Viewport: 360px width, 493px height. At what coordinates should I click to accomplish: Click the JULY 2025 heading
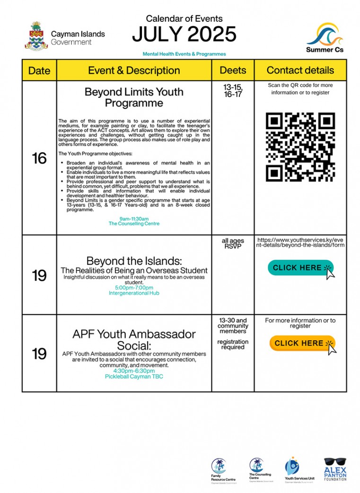pyautogui.click(x=184, y=35)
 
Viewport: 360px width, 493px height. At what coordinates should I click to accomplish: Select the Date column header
pyautogui.click(x=39, y=70)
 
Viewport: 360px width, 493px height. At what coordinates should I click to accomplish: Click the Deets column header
pyautogui.click(x=233, y=70)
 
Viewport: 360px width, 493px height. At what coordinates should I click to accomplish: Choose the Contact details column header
pyautogui.click(x=300, y=70)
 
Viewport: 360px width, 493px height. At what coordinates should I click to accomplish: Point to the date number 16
pyautogui.click(x=39, y=158)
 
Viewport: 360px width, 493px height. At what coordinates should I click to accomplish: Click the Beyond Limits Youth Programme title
pyautogui.click(x=134, y=97)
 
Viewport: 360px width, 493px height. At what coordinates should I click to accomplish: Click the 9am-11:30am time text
pyautogui.click(x=134, y=219)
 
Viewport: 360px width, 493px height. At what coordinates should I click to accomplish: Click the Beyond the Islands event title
pyautogui.click(x=134, y=261)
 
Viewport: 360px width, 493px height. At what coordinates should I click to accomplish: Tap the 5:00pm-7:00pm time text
pyautogui.click(x=134, y=287)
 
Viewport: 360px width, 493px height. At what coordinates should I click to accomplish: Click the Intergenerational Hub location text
pyautogui.click(x=134, y=293)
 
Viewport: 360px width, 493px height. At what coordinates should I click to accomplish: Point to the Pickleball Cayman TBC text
pyautogui.click(x=134, y=377)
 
